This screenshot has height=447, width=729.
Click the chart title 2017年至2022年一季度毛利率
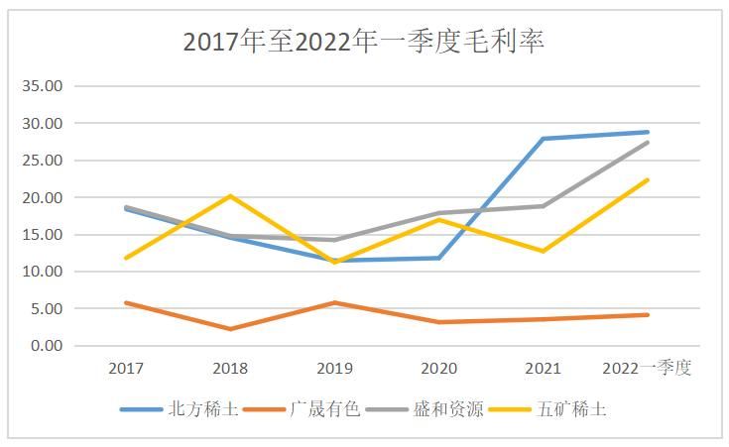[364, 42]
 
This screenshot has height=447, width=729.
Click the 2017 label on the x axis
[126, 369]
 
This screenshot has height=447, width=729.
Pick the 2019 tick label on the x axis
[334, 369]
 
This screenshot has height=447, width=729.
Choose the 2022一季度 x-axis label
[647, 369]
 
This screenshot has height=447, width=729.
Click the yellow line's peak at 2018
[230, 196]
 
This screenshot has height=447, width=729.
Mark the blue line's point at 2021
[544, 139]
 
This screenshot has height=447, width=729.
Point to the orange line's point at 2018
[230, 329]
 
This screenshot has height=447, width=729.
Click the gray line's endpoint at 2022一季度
[648, 142]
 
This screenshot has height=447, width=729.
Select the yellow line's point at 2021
[544, 251]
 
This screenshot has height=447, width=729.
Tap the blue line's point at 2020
[439, 258]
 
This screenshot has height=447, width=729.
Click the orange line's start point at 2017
[126, 302]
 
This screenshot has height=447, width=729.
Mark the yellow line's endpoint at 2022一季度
[648, 179]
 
